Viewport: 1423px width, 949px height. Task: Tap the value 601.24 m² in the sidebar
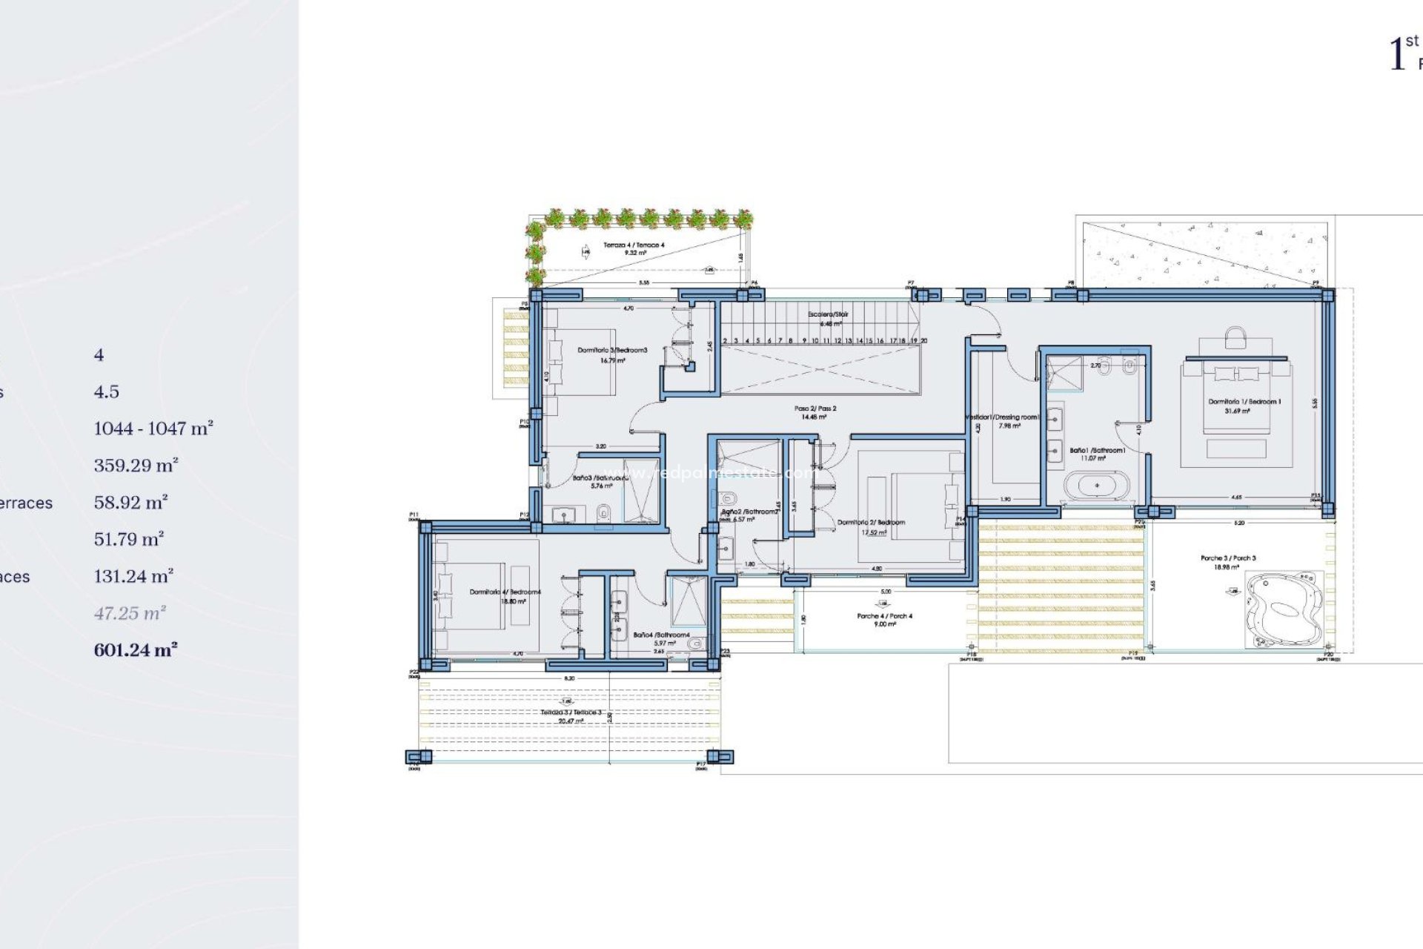pyautogui.click(x=135, y=650)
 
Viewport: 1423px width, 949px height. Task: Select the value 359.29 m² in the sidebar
pyautogui.click(x=136, y=466)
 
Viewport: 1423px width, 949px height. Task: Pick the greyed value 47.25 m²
pyautogui.click(x=130, y=613)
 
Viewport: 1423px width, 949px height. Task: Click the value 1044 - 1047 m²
pyautogui.click(x=153, y=429)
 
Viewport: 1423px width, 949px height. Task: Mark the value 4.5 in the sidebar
pyautogui.click(x=106, y=391)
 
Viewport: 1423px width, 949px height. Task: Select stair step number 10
pyautogui.click(x=815, y=340)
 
